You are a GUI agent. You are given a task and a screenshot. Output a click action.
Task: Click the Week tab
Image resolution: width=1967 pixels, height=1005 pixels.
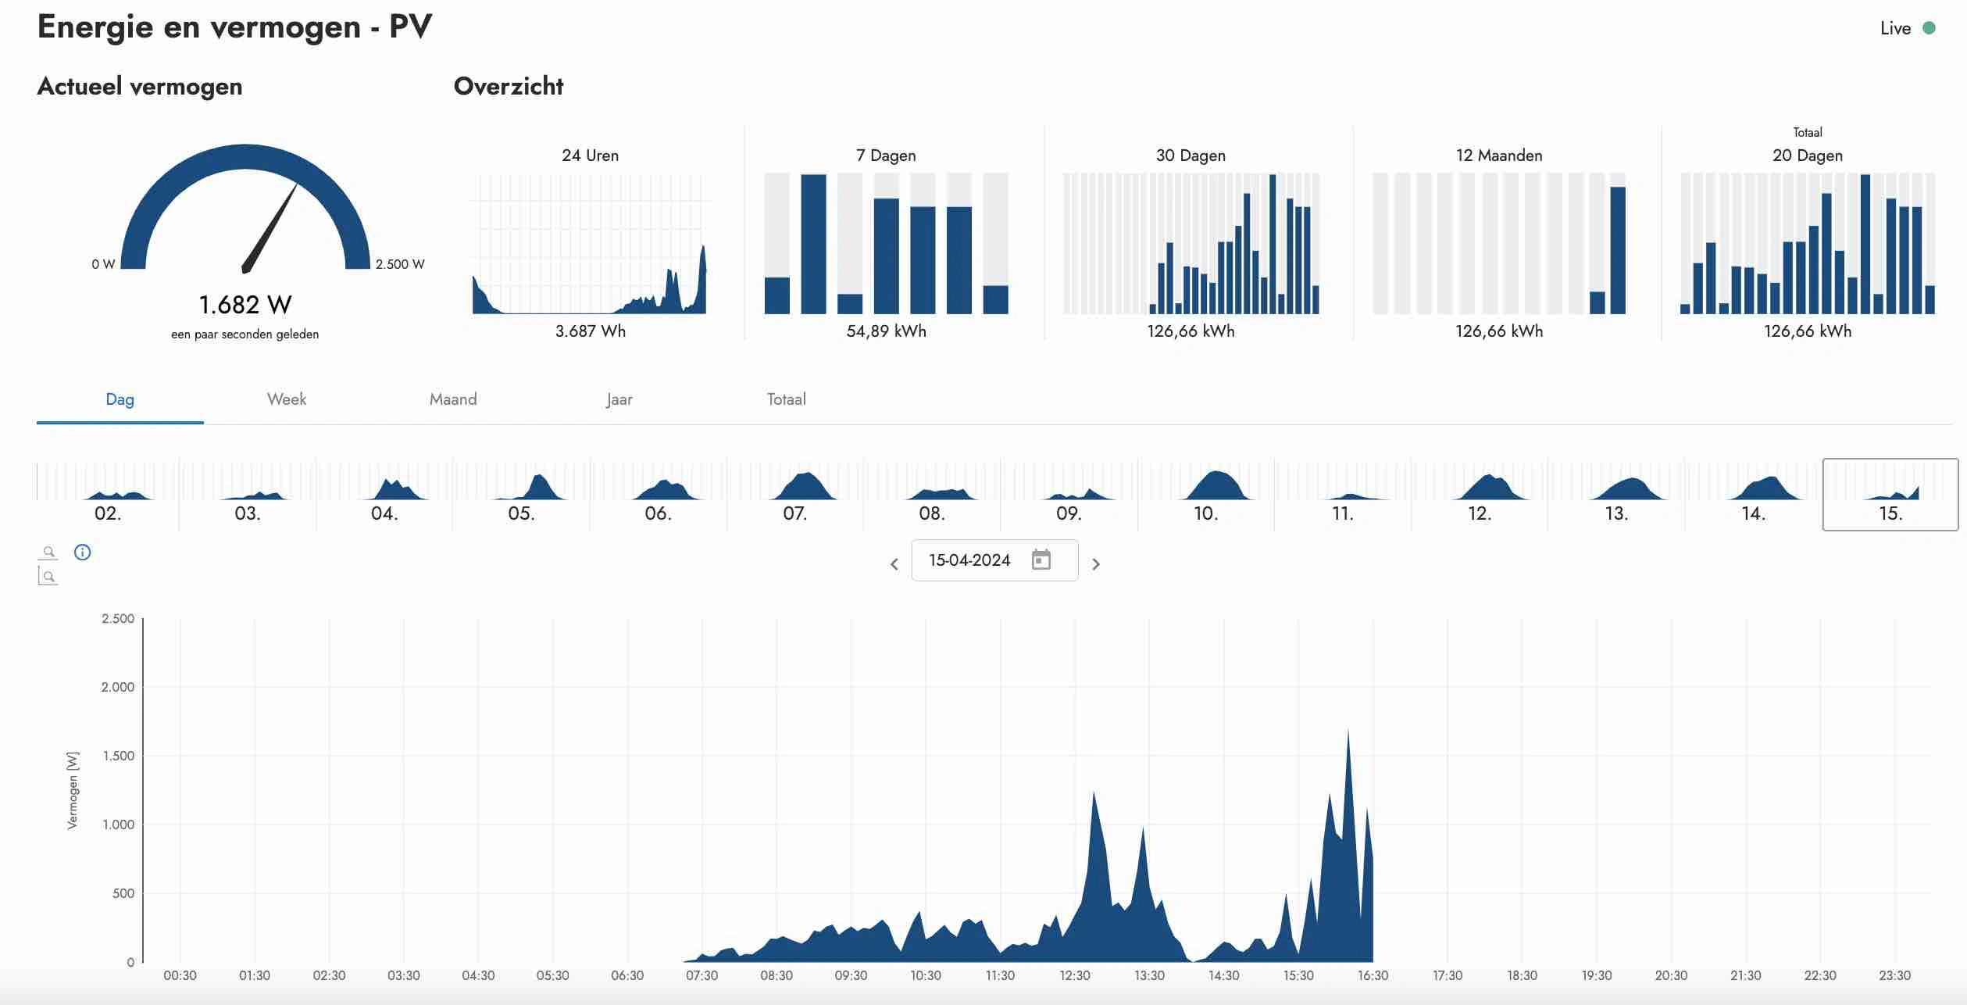click(x=287, y=399)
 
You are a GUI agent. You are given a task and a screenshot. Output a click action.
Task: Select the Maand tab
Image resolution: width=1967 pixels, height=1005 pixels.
click(x=453, y=399)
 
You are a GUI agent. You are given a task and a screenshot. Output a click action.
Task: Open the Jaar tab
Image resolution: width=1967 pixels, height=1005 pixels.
click(x=619, y=399)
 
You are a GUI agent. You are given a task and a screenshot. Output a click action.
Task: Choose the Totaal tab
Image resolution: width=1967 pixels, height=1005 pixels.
click(x=786, y=399)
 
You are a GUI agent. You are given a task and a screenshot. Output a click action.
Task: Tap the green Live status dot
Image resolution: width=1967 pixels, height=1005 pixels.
click(x=1929, y=28)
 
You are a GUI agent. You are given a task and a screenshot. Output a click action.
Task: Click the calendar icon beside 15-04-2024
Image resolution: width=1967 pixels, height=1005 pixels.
click(x=1041, y=560)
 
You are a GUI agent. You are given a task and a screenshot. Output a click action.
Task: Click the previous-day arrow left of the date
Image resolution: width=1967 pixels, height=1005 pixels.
click(x=894, y=563)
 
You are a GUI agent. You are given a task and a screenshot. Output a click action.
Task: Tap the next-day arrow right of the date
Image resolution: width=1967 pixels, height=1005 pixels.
click(x=1096, y=563)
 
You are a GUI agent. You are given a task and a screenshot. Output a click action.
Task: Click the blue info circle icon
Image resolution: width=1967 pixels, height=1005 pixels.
click(x=82, y=553)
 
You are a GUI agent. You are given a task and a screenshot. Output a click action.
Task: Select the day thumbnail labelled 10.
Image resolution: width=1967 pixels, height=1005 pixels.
click(x=1206, y=495)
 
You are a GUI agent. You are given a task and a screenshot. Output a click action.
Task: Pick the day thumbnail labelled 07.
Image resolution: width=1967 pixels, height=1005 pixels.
click(x=795, y=495)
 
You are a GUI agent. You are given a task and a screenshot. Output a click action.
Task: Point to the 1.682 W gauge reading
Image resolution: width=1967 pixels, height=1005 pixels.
click(x=245, y=304)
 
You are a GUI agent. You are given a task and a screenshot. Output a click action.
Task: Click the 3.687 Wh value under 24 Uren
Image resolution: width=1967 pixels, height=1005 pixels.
click(x=591, y=331)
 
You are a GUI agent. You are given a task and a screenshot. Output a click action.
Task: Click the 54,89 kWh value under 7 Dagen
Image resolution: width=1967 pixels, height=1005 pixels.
click(x=887, y=331)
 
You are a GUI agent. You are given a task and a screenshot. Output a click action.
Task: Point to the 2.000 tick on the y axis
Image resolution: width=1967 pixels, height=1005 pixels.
click(x=118, y=687)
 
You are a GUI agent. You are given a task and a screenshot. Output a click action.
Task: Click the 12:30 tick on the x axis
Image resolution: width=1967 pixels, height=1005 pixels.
click(x=1075, y=975)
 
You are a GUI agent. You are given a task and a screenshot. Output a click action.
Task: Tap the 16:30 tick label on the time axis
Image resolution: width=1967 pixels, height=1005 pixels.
click(x=1373, y=975)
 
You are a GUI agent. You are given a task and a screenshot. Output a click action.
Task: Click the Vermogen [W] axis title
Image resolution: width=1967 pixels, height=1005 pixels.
click(x=73, y=790)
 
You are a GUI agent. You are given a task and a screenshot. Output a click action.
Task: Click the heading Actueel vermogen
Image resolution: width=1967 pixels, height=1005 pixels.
click(x=140, y=86)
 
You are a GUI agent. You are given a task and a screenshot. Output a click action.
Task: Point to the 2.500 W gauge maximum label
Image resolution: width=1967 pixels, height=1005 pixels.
click(x=400, y=264)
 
